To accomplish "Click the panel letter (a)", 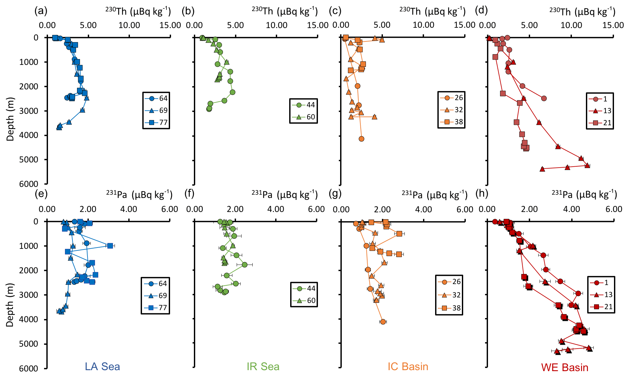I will pos(41,11).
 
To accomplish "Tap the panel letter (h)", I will pos(482,194).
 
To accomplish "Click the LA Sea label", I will pos(102,367).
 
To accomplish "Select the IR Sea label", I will pos(263,367).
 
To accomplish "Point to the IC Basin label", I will pos(408,367).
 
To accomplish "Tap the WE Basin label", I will pos(564,368).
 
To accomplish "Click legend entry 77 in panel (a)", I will pos(156,123).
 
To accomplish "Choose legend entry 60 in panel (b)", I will pos(304,117).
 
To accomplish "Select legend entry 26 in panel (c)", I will pos(452,98).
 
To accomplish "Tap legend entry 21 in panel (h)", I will pos(601,307).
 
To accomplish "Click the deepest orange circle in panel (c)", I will pos(361,139).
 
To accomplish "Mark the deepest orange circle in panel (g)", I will pos(383,322).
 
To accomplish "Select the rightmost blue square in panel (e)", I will pos(110,246).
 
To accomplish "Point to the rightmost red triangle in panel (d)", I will pos(587,165).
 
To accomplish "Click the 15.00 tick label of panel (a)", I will pos(170,25).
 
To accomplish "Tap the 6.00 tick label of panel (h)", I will pos(614,209).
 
